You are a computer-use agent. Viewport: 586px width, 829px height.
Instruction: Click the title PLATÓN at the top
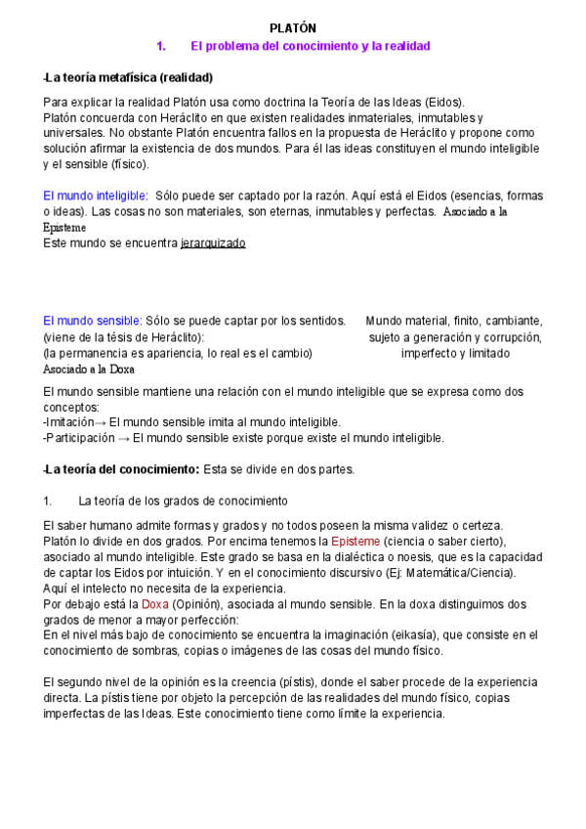[293, 29]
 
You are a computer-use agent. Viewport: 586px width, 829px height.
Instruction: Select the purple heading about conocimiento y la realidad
[310, 46]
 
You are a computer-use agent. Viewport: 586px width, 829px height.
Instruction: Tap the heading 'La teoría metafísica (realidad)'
[129, 77]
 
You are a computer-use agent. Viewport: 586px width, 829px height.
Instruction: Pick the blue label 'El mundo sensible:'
[93, 321]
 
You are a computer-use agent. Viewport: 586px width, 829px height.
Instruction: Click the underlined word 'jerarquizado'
[213, 242]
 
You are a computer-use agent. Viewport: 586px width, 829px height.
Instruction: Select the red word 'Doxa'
[155, 604]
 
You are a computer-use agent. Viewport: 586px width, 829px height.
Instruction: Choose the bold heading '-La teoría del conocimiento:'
[122, 469]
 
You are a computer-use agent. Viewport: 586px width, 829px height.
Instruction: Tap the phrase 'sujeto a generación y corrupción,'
[455, 337]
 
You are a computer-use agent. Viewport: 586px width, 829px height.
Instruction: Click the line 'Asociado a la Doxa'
[89, 370]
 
